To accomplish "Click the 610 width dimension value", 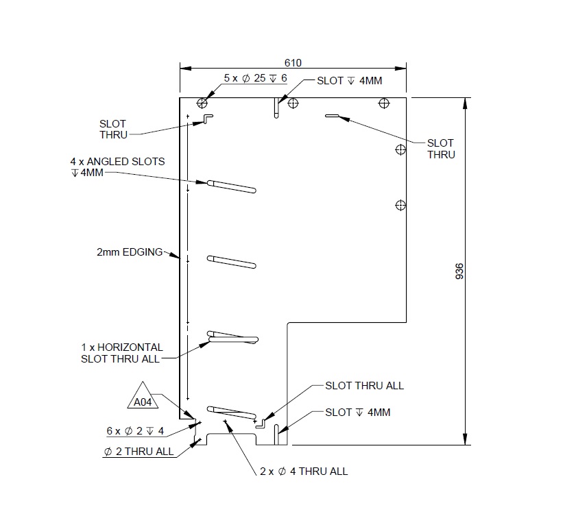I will click(293, 62).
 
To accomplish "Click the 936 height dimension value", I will click(459, 271).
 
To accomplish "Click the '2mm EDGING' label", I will click(130, 252).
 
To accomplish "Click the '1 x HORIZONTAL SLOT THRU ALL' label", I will click(122, 352).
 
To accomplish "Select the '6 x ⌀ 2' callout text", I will click(135, 431).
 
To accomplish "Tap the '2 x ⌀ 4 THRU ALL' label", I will click(304, 471).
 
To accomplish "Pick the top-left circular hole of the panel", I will click(202, 103).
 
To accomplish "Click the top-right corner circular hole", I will click(383, 103).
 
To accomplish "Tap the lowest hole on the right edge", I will click(401, 205).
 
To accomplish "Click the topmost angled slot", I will click(231, 185).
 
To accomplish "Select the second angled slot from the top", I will click(231, 261).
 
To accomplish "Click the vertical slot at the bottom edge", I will click(276, 434).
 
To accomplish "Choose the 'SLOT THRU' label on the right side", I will click(440, 149).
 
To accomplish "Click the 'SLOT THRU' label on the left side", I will click(113, 129).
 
